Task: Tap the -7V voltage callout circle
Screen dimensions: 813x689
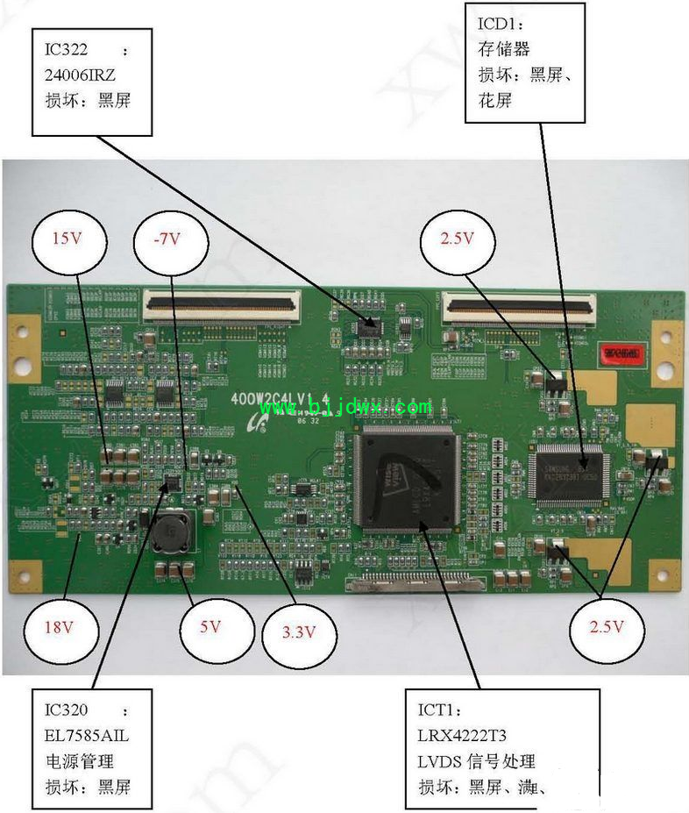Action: point(171,239)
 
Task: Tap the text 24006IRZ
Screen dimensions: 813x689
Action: point(80,75)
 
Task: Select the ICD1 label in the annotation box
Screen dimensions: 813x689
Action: point(500,23)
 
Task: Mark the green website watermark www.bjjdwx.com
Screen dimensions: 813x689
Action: point(345,407)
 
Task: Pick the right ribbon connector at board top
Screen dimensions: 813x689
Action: point(521,304)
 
